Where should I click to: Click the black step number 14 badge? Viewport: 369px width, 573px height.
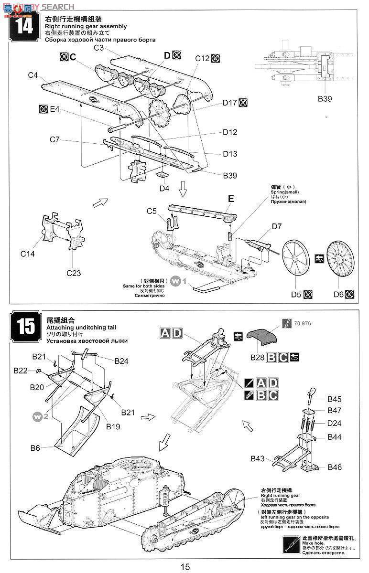point(24,26)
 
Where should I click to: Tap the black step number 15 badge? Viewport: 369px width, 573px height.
point(24,327)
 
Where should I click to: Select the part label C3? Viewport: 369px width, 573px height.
point(99,48)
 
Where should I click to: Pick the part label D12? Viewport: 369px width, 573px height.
point(229,132)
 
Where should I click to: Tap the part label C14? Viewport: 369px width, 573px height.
point(28,254)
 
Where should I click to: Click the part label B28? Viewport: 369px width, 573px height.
point(257,357)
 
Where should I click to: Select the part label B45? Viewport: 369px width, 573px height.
point(335,399)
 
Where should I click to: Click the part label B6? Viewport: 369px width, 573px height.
point(35,447)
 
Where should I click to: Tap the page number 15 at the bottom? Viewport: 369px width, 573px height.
point(185,567)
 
